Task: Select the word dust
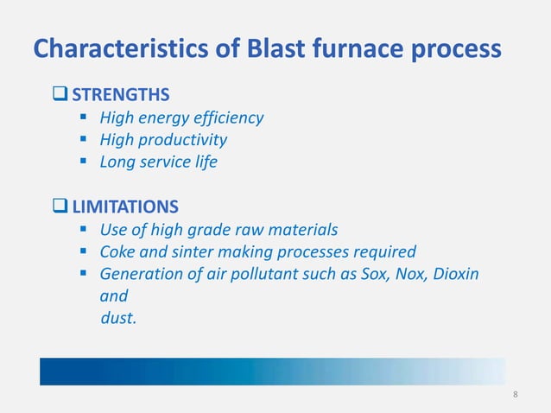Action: point(118,317)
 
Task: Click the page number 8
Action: point(516,395)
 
